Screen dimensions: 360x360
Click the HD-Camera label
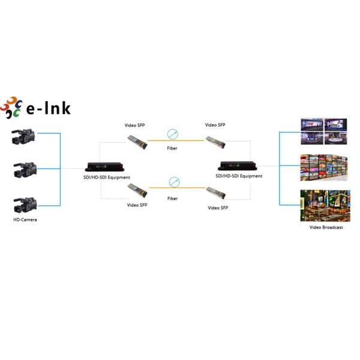[25, 220]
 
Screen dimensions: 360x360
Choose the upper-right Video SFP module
[214, 142]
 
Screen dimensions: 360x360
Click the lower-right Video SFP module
[214, 192]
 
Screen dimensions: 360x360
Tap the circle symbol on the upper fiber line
[173, 134]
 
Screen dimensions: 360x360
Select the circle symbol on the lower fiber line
[174, 181]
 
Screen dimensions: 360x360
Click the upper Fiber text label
[173, 148]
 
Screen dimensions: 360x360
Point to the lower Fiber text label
[173, 198]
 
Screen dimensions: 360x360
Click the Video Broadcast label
[326, 227]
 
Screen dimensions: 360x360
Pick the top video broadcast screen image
[324, 131]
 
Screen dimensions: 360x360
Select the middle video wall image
[325, 168]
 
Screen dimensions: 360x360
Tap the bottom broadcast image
[325, 206]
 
